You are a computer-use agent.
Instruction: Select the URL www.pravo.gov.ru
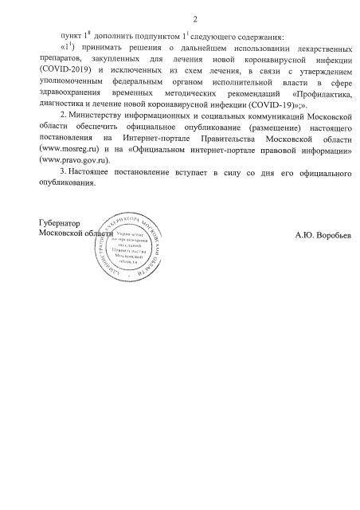click(78, 161)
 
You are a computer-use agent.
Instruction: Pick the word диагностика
click(70, 105)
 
